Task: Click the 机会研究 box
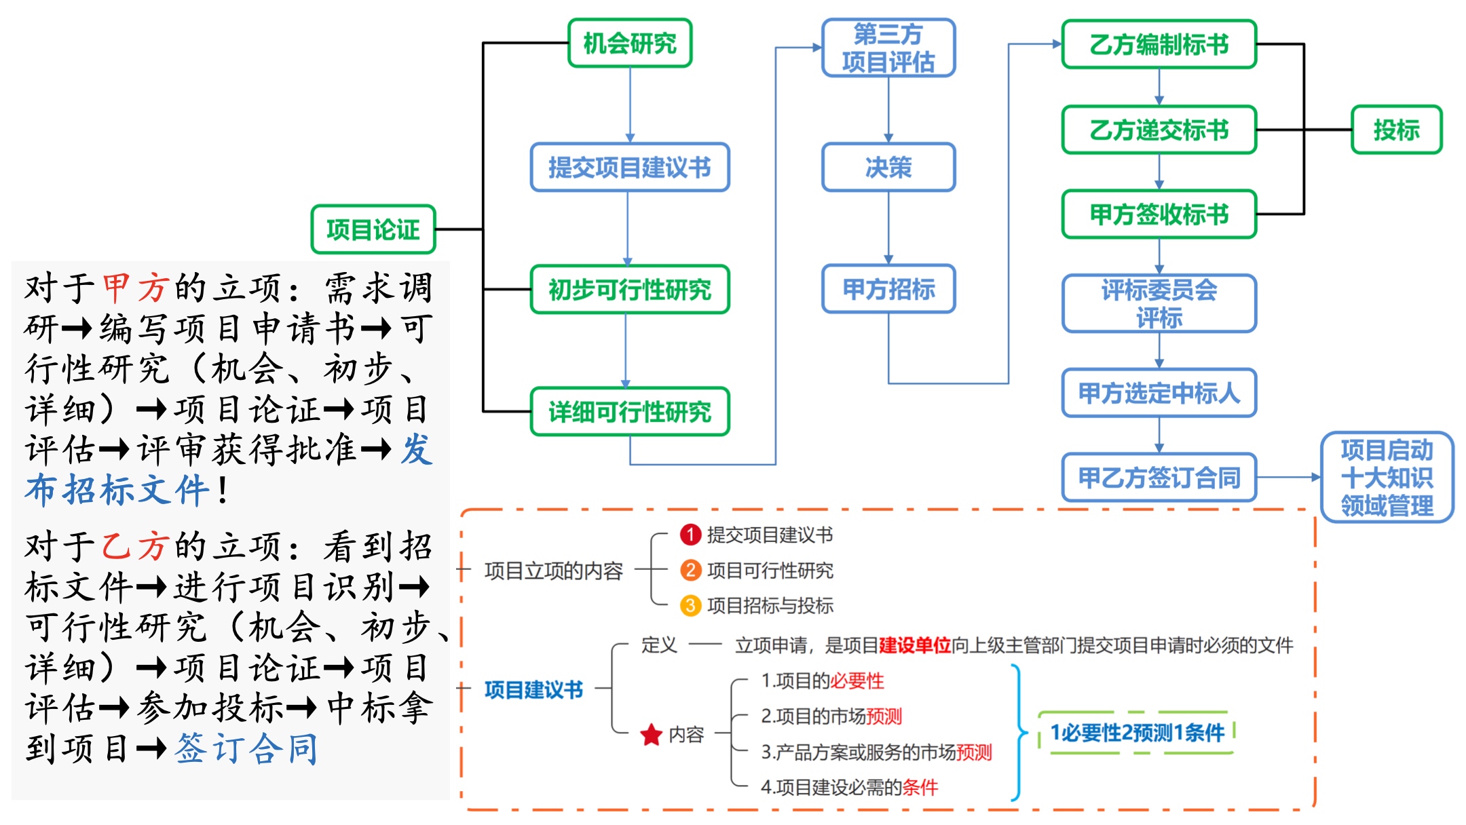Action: (x=630, y=43)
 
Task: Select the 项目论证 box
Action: (x=373, y=229)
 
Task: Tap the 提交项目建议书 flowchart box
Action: (x=629, y=167)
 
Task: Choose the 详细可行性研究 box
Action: (x=629, y=411)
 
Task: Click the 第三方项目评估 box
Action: (x=888, y=47)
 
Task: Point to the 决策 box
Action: (x=888, y=167)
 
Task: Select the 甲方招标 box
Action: (x=888, y=289)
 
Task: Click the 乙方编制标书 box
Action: (x=1159, y=44)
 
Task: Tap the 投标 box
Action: (x=1396, y=130)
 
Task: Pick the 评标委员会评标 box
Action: (x=1159, y=303)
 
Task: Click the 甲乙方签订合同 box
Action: (x=1159, y=477)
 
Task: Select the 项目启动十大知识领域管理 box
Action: (x=1387, y=477)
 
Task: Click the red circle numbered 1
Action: (x=690, y=535)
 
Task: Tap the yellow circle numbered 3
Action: (x=690, y=605)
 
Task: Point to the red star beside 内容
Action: (x=652, y=734)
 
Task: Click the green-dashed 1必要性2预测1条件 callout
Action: (x=1137, y=733)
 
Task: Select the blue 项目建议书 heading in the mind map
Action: (x=533, y=690)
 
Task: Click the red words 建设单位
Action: (x=914, y=645)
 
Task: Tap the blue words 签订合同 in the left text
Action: (x=246, y=749)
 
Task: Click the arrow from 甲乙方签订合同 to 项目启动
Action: (x=1288, y=477)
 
